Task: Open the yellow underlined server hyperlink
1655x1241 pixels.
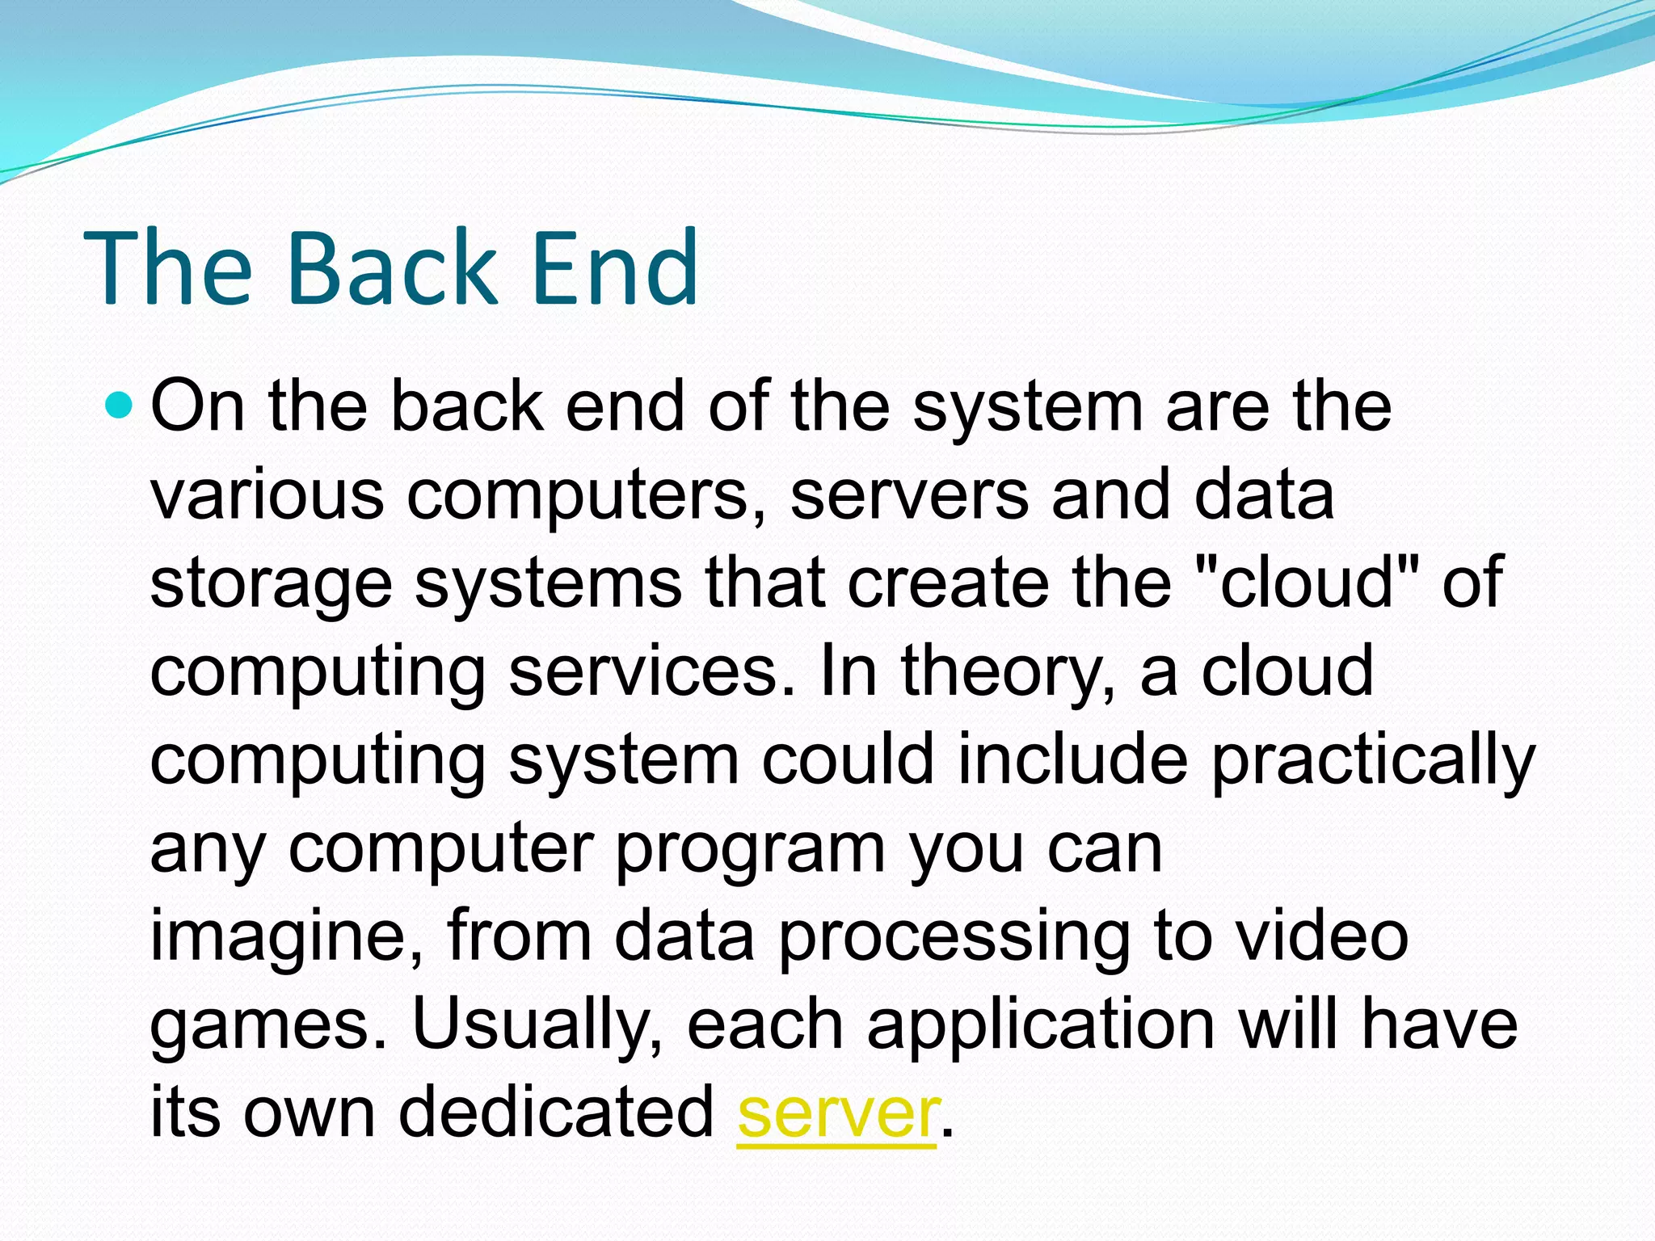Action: [x=838, y=1114]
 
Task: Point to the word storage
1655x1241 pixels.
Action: [x=272, y=585]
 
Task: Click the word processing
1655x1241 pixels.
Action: [x=954, y=937]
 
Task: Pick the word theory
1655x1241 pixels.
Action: [x=1009, y=673]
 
